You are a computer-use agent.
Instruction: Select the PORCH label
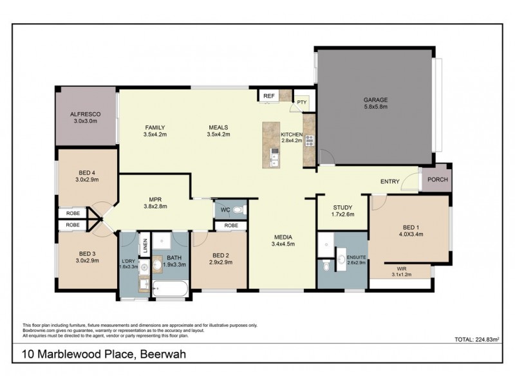pos(437,180)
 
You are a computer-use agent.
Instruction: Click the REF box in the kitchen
pos(269,96)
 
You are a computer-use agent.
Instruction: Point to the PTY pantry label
pos(301,102)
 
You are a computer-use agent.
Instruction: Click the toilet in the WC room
pos(237,210)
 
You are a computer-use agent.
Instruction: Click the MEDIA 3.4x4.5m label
pos(283,240)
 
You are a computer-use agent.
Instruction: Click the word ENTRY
pos(390,181)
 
